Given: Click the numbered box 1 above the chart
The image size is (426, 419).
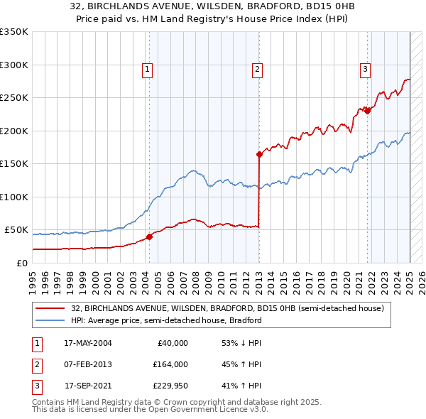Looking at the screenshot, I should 147,69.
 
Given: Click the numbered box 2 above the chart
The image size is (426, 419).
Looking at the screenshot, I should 256,69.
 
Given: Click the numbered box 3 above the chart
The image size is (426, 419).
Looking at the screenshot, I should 365,69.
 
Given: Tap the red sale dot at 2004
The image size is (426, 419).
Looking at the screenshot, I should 150,237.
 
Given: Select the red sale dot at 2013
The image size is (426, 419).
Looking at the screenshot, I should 259,154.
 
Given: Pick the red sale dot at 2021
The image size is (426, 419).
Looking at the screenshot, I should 368,110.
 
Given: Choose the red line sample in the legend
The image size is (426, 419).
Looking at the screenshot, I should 51,309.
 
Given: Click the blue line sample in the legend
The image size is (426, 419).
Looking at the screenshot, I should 51,320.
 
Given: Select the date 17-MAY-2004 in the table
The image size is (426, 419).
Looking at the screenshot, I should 88,343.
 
